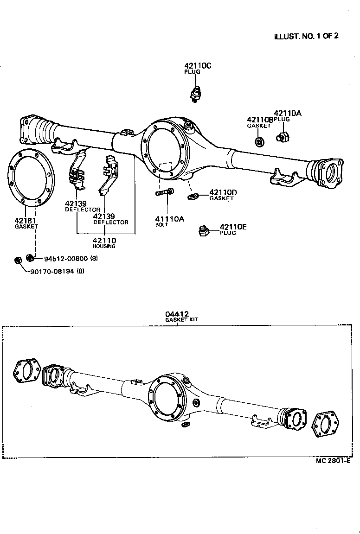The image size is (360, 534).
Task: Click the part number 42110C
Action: point(198,66)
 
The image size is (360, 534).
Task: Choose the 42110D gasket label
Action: point(223,192)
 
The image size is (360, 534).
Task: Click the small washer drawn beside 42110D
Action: point(193,197)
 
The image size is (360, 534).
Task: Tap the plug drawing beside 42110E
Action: point(203,230)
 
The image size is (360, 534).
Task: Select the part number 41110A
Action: point(170,219)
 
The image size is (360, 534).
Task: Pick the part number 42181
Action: point(25,221)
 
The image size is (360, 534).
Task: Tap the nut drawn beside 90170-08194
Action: point(18,260)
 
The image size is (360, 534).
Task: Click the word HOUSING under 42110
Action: point(104,246)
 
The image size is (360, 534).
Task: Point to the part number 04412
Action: point(176,314)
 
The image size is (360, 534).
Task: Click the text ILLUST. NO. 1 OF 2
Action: point(306,36)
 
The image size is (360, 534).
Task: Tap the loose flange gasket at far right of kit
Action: point(328,424)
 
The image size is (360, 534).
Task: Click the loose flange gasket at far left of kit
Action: point(26,371)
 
